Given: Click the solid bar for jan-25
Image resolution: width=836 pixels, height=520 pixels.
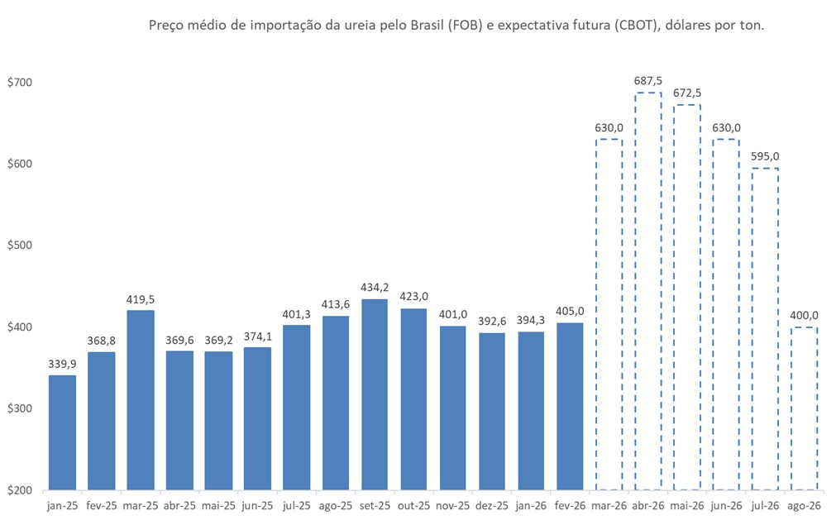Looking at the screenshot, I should pyautogui.click(x=62, y=432).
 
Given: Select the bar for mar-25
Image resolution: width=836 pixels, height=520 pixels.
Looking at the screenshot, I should pyautogui.click(x=141, y=400).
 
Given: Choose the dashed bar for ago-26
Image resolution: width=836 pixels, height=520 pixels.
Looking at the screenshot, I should pyautogui.click(x=805, y=408).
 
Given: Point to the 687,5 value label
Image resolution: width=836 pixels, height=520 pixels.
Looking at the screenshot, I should pyautogui.click(x=648, y=81).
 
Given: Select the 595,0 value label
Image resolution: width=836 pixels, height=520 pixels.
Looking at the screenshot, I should pyautogui.click(x=766, y=156).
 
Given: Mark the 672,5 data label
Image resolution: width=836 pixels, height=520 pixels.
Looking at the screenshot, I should pyautogui.click(x=687, y=93).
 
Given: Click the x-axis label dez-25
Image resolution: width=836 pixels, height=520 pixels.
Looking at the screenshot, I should pyautogui.click(x=492, y=505).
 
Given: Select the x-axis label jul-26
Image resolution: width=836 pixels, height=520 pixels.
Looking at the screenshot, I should pyautogui.click(x=766, y=505).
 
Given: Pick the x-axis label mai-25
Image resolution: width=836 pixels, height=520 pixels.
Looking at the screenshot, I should pyautogui.click(x=218, y=505).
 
